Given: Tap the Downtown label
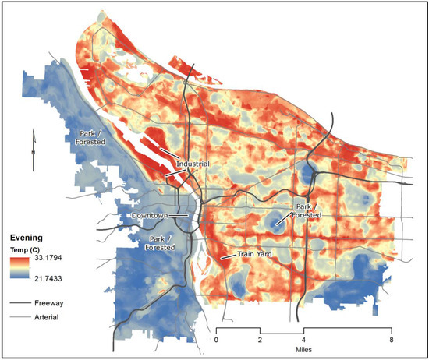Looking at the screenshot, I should [x=149, y=214].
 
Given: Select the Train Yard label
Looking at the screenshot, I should [x=243, y=255].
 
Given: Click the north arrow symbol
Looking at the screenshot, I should [x=33, y=150].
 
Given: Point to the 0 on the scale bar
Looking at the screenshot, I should [x=218, y=341].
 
